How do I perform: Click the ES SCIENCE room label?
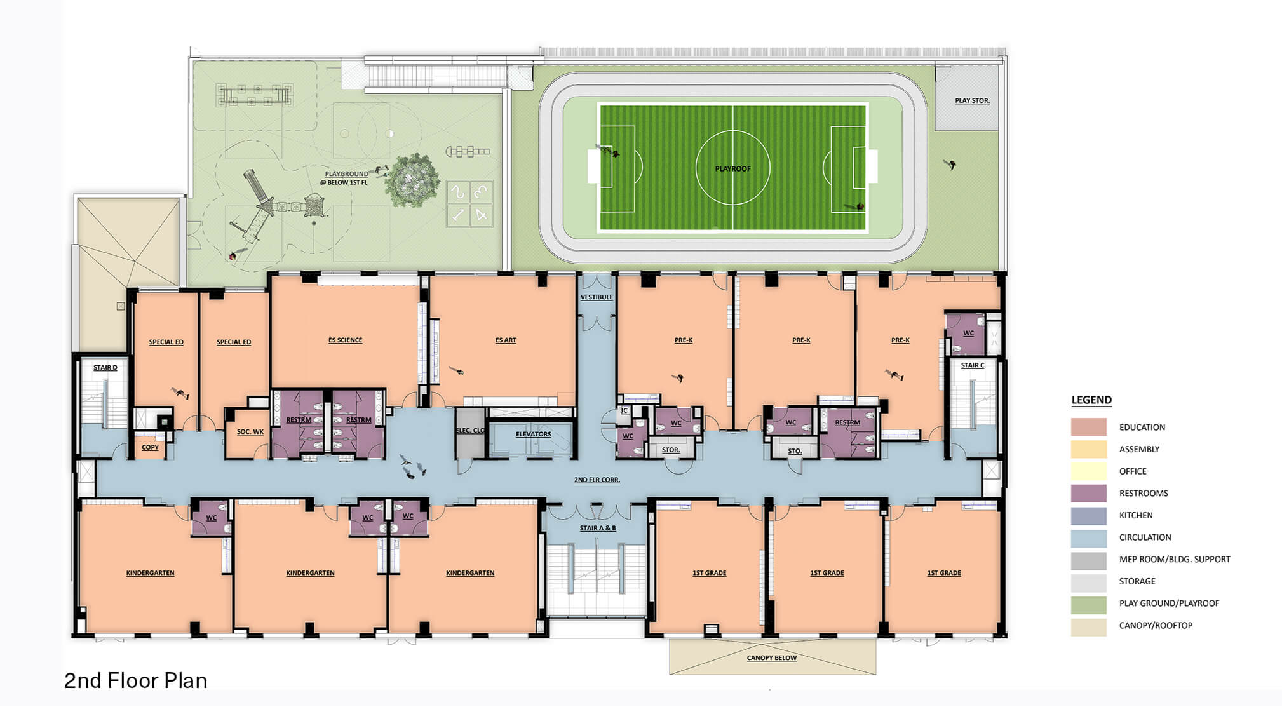[345, 340]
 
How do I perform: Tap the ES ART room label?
[506, 340]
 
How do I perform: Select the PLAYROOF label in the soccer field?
[732, 168]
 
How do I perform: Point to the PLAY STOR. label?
[972, 100]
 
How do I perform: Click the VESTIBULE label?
[597, 297]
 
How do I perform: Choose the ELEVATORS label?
[533, 434]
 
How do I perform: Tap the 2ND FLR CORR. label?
[597, 480]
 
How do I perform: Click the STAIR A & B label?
[597, 528]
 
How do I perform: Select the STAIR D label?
[105, 367]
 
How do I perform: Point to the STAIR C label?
[972, 365]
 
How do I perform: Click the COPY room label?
[150, 447]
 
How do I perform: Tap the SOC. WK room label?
[250, 431]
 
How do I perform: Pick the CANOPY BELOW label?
[771, 657]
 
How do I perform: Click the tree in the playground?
[412, 180]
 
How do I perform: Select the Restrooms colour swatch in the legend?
[1088, 493]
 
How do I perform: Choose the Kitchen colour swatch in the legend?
[1088, 515]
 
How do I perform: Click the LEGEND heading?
[1091, 400]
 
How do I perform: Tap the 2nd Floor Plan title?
[136, 680]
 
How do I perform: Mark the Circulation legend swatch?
[1088, 537]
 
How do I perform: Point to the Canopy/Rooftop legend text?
[1156, 625]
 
